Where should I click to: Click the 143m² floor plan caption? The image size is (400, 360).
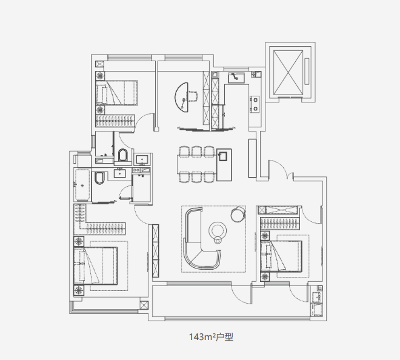click(x=211, y=337)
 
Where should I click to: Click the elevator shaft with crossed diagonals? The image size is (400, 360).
click(x=288, y=72)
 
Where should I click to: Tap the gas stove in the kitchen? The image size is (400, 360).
click(x=255, y=104)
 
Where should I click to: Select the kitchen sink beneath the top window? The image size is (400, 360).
click(x=236, y=78)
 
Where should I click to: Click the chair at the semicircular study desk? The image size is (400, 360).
click(x=192, y=96)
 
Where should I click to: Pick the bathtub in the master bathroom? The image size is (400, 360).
click(x=82, y=185)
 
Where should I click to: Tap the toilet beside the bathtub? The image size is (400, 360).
click(x=99, y=178)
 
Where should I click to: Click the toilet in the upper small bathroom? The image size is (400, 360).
click(x=122, y=155)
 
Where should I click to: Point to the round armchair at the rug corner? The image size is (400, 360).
click(x=238, y=214)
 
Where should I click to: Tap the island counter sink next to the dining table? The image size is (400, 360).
click(x=222, y=156)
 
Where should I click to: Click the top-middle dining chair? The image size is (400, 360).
click(x=196, y=152)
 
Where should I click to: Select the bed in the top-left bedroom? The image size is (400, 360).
click(x=117, y=93)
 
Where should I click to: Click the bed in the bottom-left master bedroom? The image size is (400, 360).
click(x=95, y=265)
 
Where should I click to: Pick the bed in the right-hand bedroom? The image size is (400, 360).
click(x=281, y=256)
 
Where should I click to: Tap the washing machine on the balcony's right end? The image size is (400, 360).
click(x=316, y=310)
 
